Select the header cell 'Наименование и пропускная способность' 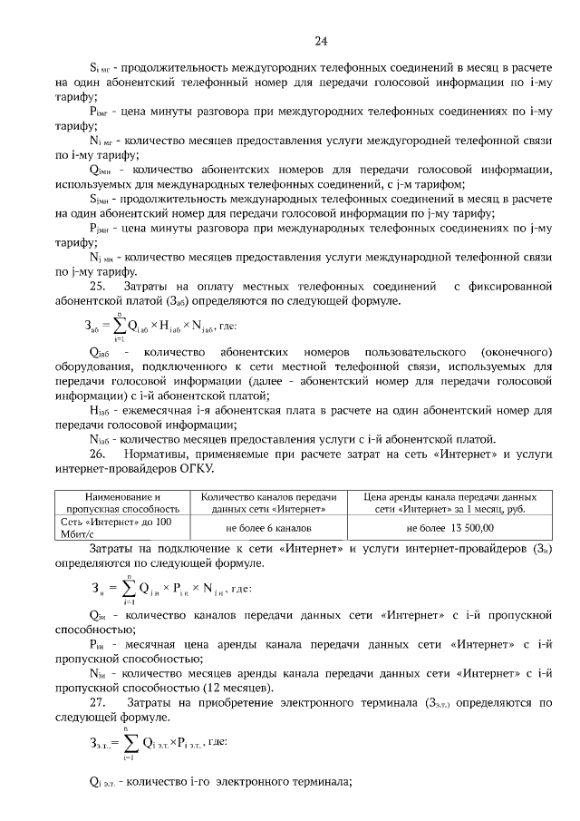[x=121, y=503]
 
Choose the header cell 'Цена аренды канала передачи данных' [x=449, y=503]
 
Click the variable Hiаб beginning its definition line [x=99, y=411]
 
